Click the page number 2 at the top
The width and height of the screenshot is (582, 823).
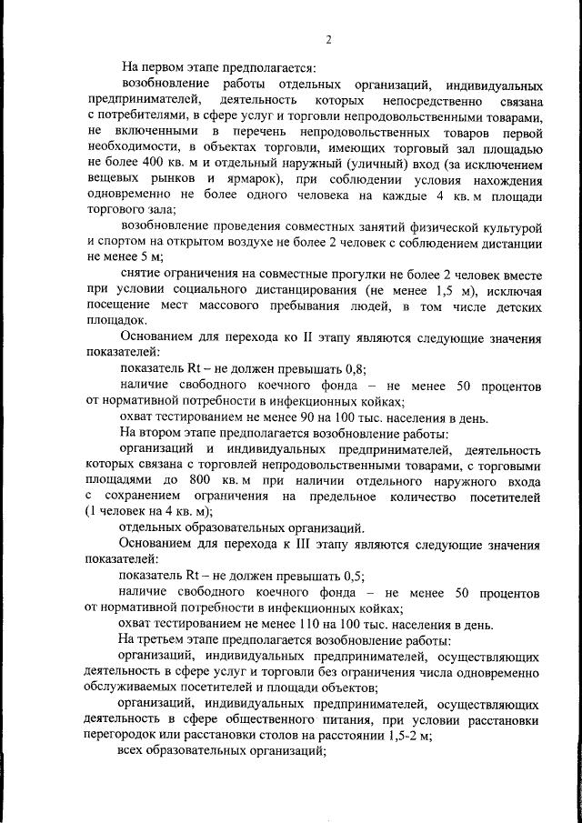click(328, 39)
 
